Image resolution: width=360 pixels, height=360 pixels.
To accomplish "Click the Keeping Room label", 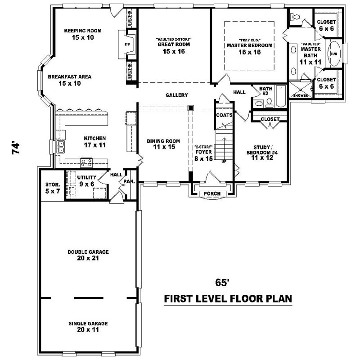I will (82, 34).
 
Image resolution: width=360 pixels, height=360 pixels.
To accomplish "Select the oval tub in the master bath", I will (333, 54).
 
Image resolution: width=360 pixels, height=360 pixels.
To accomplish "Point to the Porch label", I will (212, 193).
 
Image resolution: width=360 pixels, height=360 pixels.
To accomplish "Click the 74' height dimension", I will (16, 148).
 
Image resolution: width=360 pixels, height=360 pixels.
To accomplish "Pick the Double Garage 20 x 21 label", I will (88, 255).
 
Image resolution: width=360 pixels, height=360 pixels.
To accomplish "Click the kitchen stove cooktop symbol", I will (86, 162).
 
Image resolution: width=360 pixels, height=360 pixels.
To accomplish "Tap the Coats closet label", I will (224, 115).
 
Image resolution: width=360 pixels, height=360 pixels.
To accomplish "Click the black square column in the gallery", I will (191, 108).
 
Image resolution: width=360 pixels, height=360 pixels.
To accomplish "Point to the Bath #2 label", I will (265, 91).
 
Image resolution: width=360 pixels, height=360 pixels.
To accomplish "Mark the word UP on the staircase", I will (224, 161).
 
